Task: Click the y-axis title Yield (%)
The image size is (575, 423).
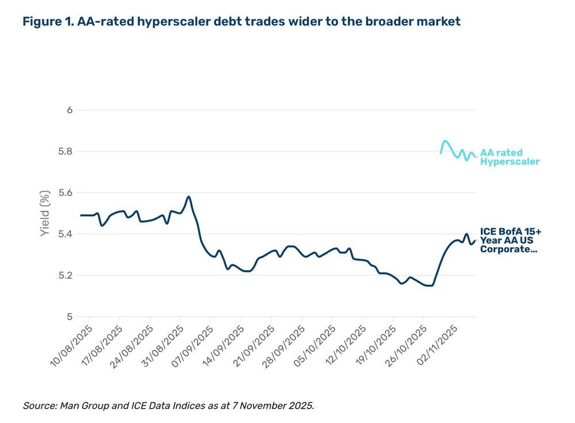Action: click(45, 213)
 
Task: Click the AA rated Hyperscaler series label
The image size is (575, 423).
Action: click(509, 157)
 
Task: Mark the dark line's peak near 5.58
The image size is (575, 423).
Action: click(189, 197)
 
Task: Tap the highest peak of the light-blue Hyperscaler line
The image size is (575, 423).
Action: click(445, 141)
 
